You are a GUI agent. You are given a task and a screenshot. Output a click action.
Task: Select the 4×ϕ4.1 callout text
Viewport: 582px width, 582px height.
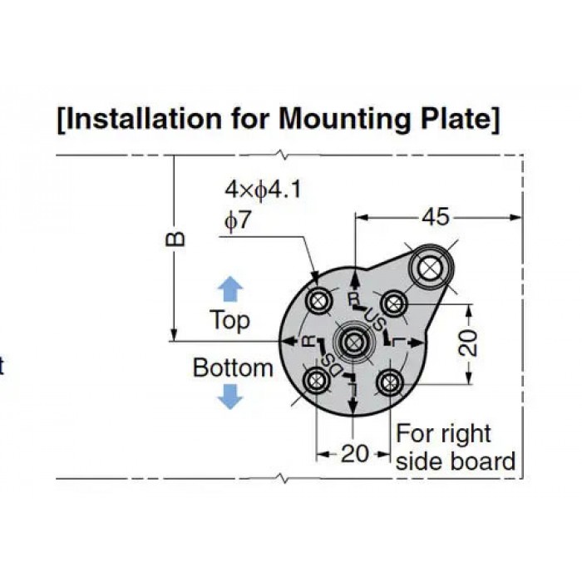coord(263,190)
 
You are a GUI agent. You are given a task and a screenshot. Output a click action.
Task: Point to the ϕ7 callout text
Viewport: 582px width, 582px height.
coord(238,220)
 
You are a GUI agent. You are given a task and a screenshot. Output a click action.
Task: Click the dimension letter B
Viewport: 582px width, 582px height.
coord(175,239)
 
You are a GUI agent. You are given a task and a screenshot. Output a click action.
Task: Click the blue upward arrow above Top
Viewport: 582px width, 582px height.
coord(230,289)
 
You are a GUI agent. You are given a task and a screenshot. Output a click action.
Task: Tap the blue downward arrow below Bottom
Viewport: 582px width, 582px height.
coord(230,397)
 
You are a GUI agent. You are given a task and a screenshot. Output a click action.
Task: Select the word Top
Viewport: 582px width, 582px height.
coord(229,320)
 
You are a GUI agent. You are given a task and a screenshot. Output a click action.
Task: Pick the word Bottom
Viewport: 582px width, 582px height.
coord(233,367)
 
